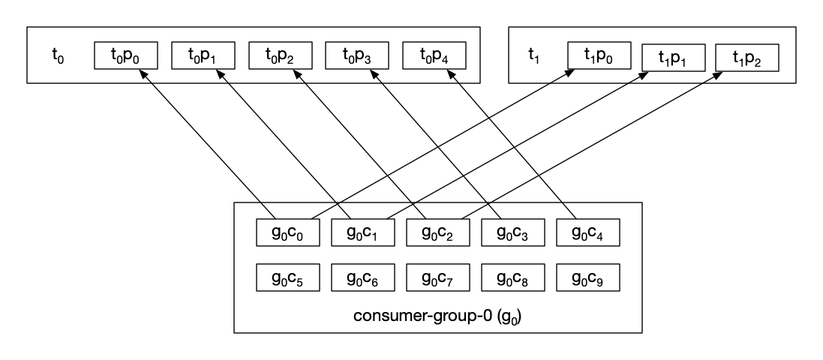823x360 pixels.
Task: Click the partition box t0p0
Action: tap(126, 55)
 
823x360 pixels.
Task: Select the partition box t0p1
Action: tap(203, 55)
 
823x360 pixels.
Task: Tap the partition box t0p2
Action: tap(281, 55)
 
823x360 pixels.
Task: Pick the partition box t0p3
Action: tap(357, 55)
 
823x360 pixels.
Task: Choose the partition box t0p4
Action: tap(434, 55)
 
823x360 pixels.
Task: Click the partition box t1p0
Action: tap(599, 55)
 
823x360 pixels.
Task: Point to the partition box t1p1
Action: tap(672, 58)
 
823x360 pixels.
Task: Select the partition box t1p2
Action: tap(746, 58)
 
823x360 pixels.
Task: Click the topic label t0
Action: tap(58, 55)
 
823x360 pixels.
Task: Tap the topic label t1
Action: tap(534, 55)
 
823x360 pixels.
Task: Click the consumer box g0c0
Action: tap(289, 232)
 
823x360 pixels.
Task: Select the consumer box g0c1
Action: tap(364, 232)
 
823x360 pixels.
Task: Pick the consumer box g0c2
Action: tap(439, 232)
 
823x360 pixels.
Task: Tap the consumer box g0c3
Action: tap(513, 232)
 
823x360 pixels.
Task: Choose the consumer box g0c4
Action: tap(589, 232)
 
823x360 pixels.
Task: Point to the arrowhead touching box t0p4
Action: tap(452, 73)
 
